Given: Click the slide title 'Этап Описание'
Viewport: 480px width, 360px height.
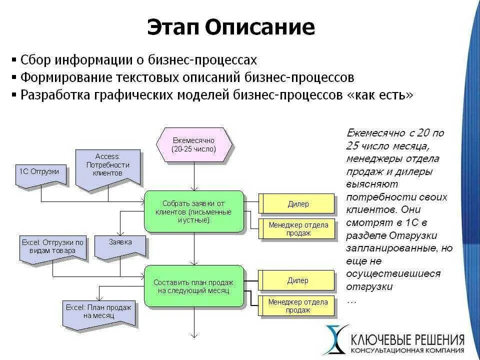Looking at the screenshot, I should coord(231,27).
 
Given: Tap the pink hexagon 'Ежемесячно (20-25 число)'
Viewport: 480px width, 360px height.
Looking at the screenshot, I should coord(194,145).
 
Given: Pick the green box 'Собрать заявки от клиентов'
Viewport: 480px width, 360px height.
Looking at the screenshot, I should coord(193,211).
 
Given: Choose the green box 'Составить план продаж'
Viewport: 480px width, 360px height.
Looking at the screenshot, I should coord(193,286).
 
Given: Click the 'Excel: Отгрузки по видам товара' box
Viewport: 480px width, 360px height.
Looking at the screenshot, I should coord(52,247).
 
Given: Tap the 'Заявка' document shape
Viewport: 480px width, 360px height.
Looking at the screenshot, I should coord(120,244).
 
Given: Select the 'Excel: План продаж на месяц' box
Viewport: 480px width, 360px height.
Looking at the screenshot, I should coord(98,312).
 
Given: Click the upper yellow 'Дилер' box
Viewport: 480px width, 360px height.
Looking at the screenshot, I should coord(298,204).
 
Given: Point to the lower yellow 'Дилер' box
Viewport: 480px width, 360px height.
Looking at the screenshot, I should coord(298,280).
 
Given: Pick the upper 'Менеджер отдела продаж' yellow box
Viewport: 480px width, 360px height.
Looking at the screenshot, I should coord(298,228).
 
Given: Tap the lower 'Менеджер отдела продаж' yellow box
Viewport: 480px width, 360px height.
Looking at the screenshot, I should coord(298,305).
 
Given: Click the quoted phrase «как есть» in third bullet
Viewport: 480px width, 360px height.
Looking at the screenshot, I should coord(380,95).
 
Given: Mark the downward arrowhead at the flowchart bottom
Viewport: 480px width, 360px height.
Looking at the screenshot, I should coord(194,336).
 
